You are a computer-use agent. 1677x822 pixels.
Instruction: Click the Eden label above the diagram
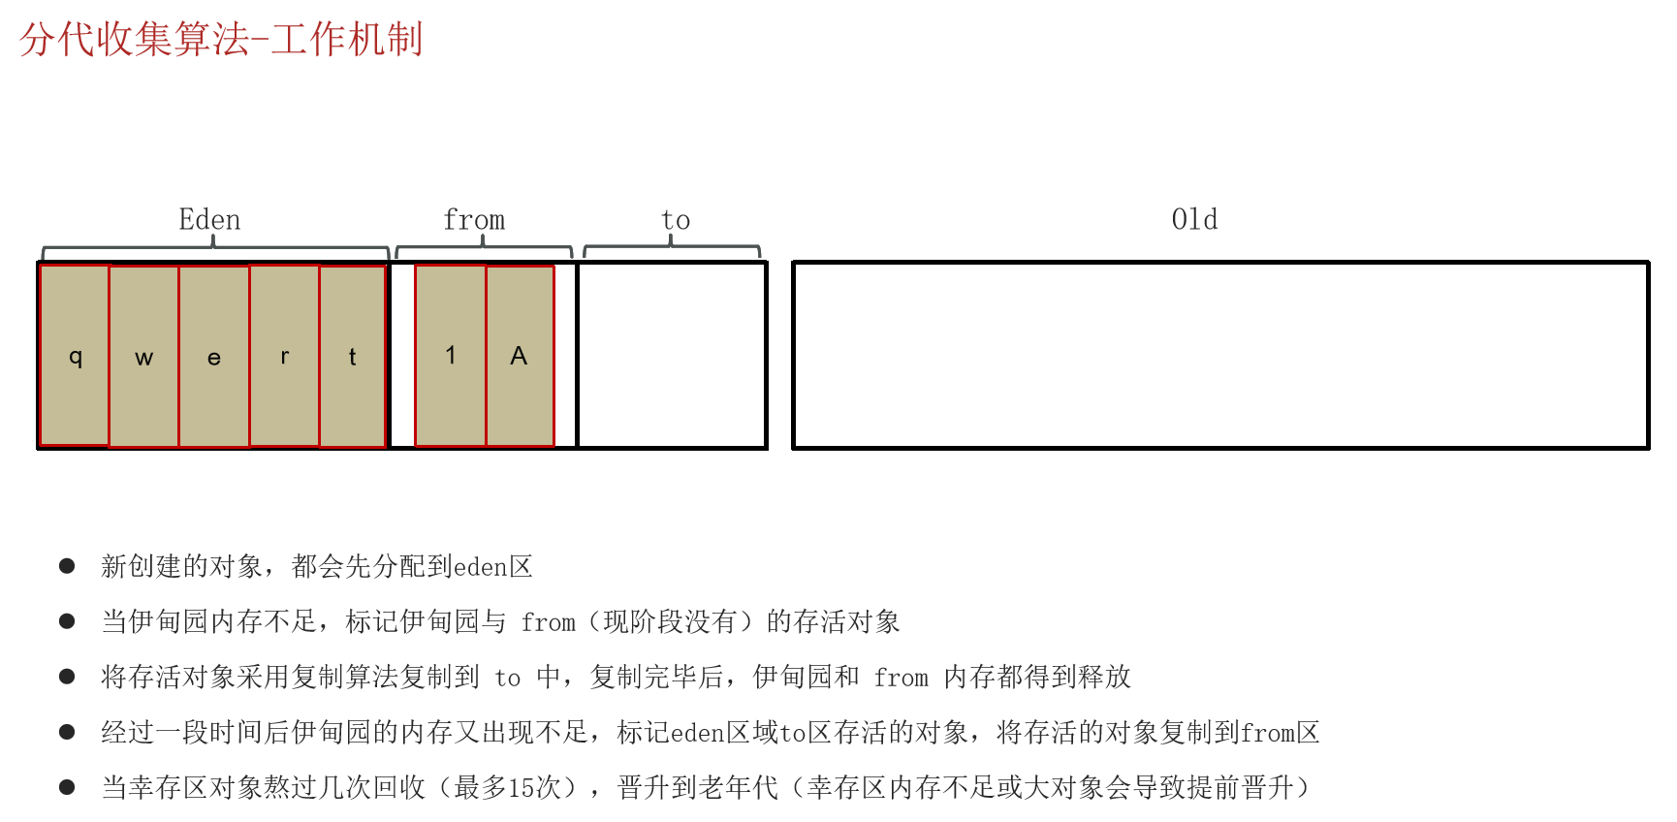pyautogui.click(x=209, y=220)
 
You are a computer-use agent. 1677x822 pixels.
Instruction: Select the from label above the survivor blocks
pyautogui.click(x=474, y=220)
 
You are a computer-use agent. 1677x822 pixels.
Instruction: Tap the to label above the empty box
pyautogui.click(x=676, y=221)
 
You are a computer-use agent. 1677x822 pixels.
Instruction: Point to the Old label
pyautogui.click(x=1194, y=219)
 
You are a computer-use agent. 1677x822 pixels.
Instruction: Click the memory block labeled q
pyautogui.click(x=75, y=355)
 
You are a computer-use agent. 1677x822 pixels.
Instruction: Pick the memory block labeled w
pyautogui.click(x=144, y=356)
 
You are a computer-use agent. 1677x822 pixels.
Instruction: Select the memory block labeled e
pyautogui.click(x=214, y=356)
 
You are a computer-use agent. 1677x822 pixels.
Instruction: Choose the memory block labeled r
pyautogui.click(x=285, y=355)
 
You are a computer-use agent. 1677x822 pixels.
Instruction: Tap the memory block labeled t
pyautogui.click(x=353, y=356)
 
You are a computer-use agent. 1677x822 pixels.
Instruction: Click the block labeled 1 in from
pyautogui.click(x=451, y=355)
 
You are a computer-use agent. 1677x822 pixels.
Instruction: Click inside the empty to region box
pyautogui.click(x=672, y=355)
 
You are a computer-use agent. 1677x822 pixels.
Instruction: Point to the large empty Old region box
pyautogui.click(x=1220, y=355)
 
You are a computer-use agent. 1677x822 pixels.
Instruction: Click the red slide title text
pyautogui.click(x=221, y=40)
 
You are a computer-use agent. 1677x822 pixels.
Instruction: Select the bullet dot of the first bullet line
pyautogui.click(x=67, y=566)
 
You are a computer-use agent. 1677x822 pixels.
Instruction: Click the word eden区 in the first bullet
pyautogui.click(x=493, y=566)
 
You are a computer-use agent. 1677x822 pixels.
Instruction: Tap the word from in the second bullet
pyautogui.click(x=549, y=622)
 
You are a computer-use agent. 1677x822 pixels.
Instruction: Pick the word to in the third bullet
pyautogui.click(x=508, y=678)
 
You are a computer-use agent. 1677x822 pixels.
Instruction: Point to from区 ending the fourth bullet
pyautogui.click(x=1281, y=733)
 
